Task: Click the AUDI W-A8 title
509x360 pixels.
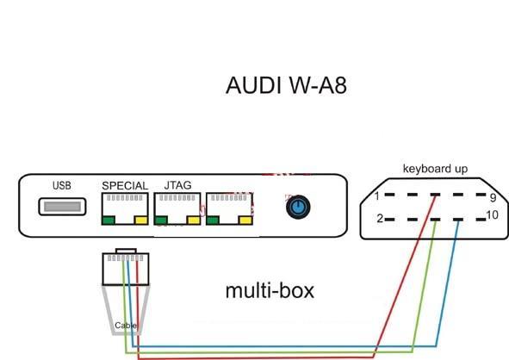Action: (286, 85)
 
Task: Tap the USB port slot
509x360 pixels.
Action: (62, 207)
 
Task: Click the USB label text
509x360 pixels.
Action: (62, 185)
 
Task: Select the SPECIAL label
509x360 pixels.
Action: (125, 186)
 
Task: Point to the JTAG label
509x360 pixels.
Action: (178, 185)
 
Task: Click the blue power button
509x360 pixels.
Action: (298, 207)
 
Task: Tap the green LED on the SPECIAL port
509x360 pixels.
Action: (109, 220)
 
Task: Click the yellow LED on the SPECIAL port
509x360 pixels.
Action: (141, 220)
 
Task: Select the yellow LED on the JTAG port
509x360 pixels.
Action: (194, 220)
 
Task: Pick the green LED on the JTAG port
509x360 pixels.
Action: (161, 220)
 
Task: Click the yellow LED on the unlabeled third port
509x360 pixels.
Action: (245, 220)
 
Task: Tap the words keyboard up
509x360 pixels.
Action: (435, 169)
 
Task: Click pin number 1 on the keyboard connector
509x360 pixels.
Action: (377, 196)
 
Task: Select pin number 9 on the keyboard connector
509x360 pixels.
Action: (493, 197)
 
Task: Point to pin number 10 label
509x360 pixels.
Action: (493, 215)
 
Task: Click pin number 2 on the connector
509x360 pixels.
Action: (380, 219)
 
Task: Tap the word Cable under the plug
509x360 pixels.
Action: (126, 326)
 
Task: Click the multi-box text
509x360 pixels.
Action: (270, 291)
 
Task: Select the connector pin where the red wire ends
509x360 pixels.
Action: (435, 195)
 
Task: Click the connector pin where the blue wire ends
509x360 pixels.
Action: (458, 220)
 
